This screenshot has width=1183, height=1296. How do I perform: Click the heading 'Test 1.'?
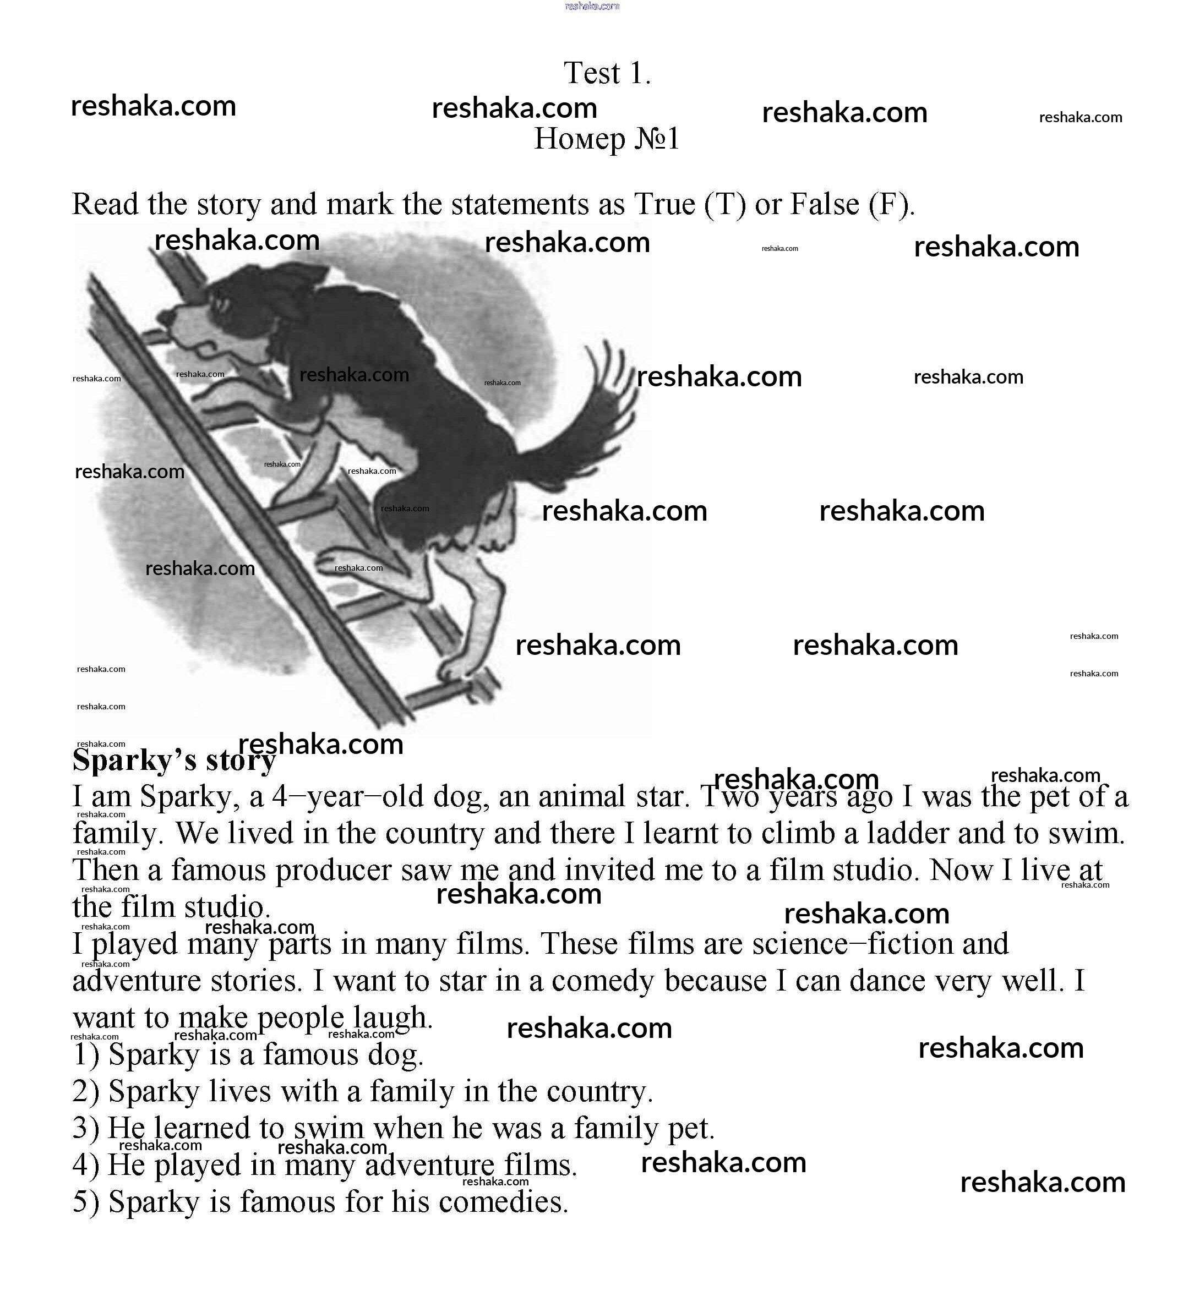point(607,73)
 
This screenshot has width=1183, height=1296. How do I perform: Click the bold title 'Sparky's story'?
point(173,760)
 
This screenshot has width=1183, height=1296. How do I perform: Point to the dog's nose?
point(166,317)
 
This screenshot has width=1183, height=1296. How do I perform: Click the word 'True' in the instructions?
point(664,204)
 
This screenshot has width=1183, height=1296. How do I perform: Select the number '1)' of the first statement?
point(85,1055)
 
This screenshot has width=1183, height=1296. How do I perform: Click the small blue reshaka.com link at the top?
point(591,7)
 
